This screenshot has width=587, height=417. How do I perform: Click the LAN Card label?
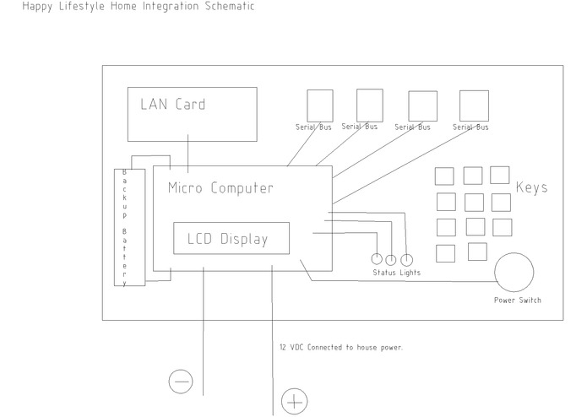[172, 105]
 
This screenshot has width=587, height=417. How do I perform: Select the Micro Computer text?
[220, 187]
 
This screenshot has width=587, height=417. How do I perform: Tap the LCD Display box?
[231, 238]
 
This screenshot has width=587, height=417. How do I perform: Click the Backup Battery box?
[125, 228]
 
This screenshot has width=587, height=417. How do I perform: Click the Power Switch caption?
[518, 301]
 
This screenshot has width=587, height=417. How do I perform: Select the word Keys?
[531, 187]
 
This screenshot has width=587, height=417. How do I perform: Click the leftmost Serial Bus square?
[319, 105]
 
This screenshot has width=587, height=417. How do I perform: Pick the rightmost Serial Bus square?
[473, 106]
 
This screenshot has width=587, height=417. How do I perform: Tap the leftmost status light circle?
[378, 259]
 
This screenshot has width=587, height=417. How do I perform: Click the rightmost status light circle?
[406, 259]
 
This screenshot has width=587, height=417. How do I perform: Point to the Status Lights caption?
[396, 273]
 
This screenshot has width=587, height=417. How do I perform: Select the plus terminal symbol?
[293, 402]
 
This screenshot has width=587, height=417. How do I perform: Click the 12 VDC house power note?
[340, 347]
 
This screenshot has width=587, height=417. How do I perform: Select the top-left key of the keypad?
[444, 176]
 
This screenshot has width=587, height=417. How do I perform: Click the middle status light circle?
[392, 259]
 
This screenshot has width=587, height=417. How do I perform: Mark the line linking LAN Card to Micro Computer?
[188, 154]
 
